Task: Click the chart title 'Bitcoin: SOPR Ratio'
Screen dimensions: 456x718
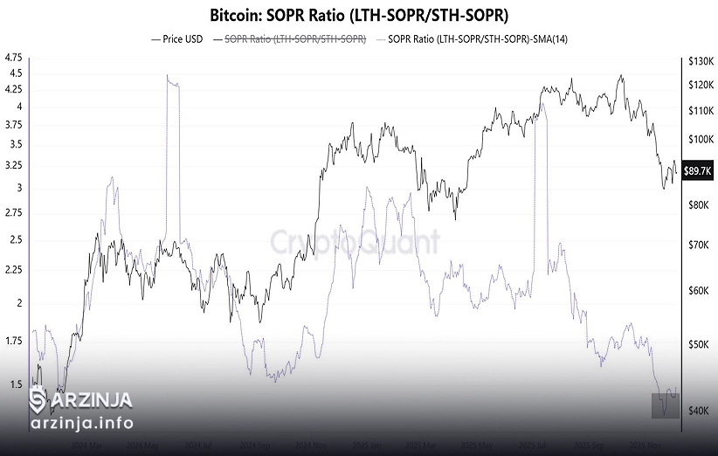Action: coord(359,15)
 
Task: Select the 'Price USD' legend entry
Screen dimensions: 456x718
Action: coord(181,39)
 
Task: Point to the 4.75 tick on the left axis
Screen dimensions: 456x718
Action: coord(14,58)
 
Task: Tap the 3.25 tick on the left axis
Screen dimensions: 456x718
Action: coord(14,165)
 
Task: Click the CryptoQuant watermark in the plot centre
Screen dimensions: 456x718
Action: coord(354,242)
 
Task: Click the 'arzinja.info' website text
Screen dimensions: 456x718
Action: coord(81,424)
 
